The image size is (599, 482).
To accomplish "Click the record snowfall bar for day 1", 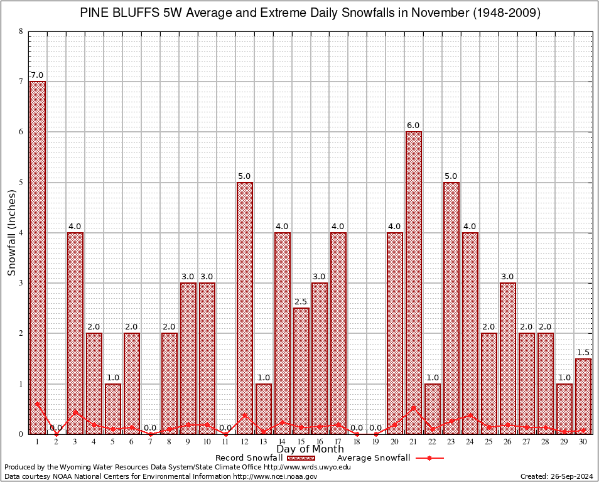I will (x=37, y=257).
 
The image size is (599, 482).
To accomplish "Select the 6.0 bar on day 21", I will (x=414, y=282).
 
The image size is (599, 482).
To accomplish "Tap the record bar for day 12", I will (x=244, y=308).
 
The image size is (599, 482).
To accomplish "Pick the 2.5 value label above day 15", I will (x=301, y=302).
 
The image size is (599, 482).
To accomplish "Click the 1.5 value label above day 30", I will (x=583, y=353).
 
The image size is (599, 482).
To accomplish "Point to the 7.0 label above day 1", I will (x=37, y=75).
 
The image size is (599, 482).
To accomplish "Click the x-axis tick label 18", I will (x=357, y=442).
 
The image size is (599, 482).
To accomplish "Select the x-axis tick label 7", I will (x=150, y=442).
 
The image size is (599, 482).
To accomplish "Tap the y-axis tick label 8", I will (x=21, y=31).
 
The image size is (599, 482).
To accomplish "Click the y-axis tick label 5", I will (x=21, y=183).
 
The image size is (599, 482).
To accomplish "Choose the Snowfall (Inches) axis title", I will (x=11, y=233).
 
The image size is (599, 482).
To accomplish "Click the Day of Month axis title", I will (x=310, y=449).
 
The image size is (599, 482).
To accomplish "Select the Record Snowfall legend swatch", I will (x=301, y=458).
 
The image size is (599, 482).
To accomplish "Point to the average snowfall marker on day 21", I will (x=414, y=407).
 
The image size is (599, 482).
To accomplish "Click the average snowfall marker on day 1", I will (x=37, y=404).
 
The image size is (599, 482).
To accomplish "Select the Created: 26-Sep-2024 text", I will (x=557, y=476).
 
